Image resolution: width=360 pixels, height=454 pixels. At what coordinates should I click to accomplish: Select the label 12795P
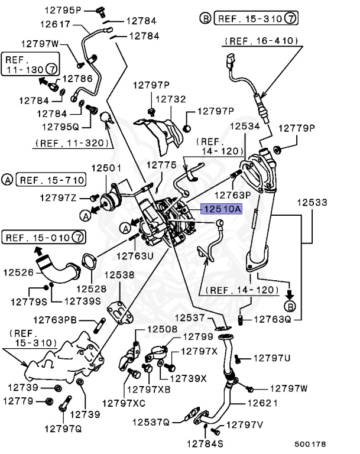tap(64, 10)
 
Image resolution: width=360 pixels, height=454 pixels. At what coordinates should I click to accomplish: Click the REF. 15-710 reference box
tap(51, 179)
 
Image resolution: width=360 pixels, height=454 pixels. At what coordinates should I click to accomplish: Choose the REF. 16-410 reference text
tap(260, 41)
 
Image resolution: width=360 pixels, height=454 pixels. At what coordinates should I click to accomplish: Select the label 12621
tap(262, 403)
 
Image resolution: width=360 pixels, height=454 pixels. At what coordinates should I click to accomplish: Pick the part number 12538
tap(120, 275)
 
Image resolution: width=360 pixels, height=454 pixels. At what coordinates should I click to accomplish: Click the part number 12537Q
tap(151, 422)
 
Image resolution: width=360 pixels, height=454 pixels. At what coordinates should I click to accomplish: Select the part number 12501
tap(106, 168)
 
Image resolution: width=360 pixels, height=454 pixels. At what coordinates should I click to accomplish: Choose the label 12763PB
tap(54, 320)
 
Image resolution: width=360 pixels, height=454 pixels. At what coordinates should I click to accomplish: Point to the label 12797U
tap(272, 358)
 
